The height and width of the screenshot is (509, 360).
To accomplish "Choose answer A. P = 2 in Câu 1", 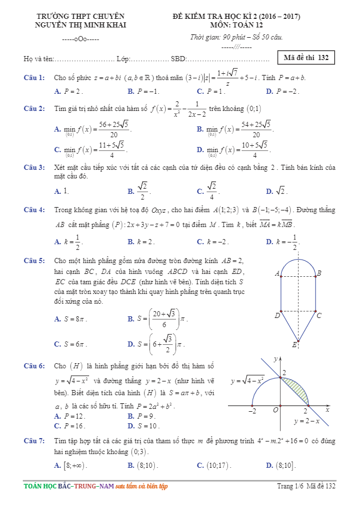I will click(69, 92).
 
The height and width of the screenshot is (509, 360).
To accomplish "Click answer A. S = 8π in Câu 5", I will click(71, 319).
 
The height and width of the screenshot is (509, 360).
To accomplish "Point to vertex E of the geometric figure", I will click(295, 345).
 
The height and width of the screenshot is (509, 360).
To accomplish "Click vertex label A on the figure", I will click(277, 274).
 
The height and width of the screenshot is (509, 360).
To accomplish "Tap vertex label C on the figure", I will click(319, 315).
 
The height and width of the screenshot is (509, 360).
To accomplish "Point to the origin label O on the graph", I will click(275, 410).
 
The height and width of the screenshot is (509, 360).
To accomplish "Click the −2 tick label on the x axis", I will click(251, 411).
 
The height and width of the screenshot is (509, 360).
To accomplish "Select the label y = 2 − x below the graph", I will click(307, 421).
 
